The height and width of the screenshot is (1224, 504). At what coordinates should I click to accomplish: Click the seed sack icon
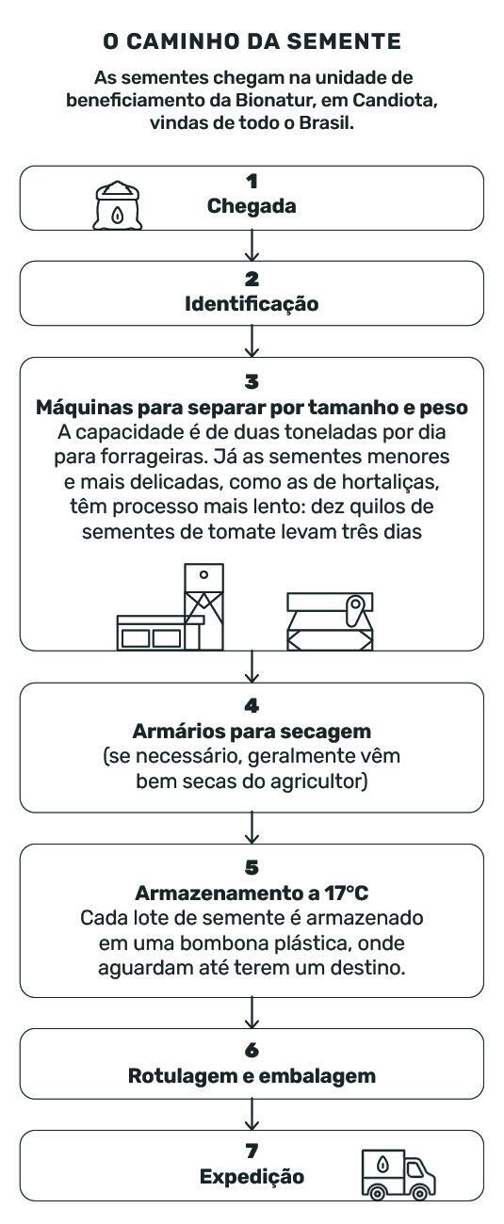pyautogui.click(x=117, y=205)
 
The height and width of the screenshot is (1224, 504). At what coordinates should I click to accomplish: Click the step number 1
pyautogui.click(x=252, y=182)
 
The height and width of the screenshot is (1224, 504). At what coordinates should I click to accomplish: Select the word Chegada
pyautogui.click(x=252, y=206)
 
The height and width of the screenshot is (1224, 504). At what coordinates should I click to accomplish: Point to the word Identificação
pyautogui.click(x=252, y=304)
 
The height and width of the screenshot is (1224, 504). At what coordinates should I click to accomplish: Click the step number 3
pyautogui.click(x=252, y=382)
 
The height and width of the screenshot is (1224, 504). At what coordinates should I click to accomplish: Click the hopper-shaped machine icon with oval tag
pyautogui.click(x=330, y=621)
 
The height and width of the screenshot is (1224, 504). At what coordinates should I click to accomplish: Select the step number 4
pyautogui.click(x=252, y=706)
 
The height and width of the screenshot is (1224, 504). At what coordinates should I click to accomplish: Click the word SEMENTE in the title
pyautogui.click(x=345, y=41)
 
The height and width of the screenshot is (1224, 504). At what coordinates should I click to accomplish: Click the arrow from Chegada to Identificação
pyautogui.click(x=252, y=246)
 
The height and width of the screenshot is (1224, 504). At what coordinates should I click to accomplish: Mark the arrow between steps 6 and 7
pyautogui.click(x=252, y=1115)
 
